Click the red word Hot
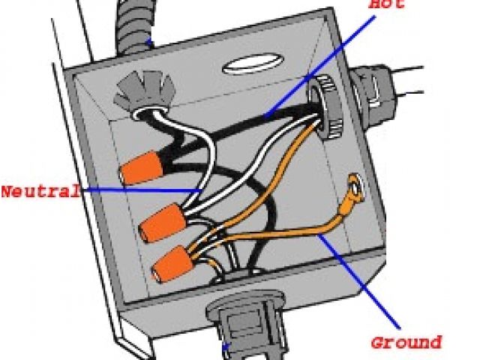[x=387, y=4]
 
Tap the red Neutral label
[x=41, y=191]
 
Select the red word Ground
[x=406, y=342]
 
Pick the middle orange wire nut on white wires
[x=162, y=223]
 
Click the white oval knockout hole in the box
[x=253, y=64]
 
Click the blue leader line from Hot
[x=319, y=67]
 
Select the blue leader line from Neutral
[x=142, y=190]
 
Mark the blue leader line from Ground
[x=358, y=281]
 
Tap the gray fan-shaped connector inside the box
[x=144, y=91]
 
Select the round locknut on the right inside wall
[x=326, y=107]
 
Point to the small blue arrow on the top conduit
[x=149, y=42]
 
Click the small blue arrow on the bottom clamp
[x=226, y=347]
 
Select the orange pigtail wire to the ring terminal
[x=275, y=235]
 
